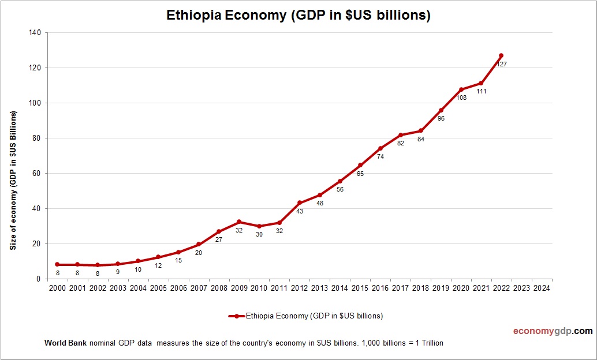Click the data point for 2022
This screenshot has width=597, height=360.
tap(501, 56)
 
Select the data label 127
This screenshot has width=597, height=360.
tap(502, 65)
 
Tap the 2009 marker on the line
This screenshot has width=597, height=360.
tap(239, 222)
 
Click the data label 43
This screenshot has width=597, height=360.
tap(300, 212)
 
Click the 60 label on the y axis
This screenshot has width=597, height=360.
tap(36, 174)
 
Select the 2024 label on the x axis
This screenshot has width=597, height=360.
tap(542, 288)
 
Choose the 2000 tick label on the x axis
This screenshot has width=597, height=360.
tap(57, 288)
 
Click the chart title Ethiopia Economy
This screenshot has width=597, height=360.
tap(298, 16)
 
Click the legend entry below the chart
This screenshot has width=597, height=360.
tap(306, 316)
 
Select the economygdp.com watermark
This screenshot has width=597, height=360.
tap(553, 331)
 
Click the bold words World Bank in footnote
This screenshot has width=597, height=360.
tap(65, 343)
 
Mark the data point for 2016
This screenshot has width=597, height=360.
tap(380, 148)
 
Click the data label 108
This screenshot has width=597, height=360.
tap(461, 98)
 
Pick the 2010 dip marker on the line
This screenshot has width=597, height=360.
tap(259, 226)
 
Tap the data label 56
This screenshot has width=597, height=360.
tap(340, 189)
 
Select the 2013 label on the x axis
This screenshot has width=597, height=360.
tap(320, 288)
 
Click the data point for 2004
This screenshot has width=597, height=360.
tap(138, 261)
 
